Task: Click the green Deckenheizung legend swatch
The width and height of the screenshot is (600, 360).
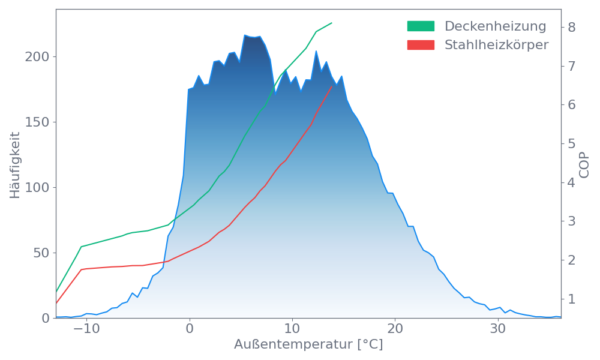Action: [421, 26]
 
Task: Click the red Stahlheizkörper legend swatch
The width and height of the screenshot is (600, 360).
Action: [421, 45]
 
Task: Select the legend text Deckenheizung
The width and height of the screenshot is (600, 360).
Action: [495, 26]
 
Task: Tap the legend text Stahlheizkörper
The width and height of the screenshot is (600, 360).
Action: [496, 45]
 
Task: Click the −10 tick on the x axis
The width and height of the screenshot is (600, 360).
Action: [86, 329]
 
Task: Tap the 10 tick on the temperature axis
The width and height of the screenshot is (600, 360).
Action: [292, 329]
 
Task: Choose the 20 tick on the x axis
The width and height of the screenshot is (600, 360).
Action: [395, 329]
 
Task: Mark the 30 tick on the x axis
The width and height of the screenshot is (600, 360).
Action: [497, 329]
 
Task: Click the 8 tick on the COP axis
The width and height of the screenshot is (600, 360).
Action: [572, 27]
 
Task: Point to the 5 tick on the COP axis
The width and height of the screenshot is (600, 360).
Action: [572, 143]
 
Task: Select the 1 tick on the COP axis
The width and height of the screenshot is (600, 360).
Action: [572, 299]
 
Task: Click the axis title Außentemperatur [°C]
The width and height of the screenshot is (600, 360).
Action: [308, 345]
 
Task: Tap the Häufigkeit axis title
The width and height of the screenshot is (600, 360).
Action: [15, 163]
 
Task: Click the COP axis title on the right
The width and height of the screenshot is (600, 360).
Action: [585, 164]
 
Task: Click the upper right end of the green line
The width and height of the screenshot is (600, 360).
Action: [332, 23]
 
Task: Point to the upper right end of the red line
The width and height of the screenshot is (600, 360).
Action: [332, 86]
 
